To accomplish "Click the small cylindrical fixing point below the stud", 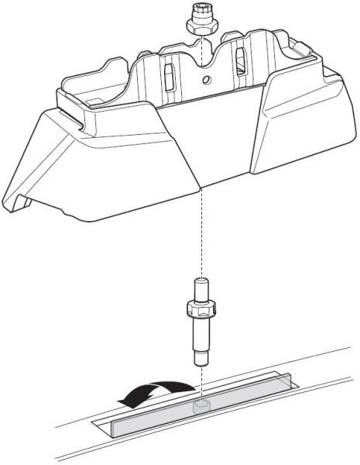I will click(x=201, y=405).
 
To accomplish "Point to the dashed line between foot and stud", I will click(x=201, y=232).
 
